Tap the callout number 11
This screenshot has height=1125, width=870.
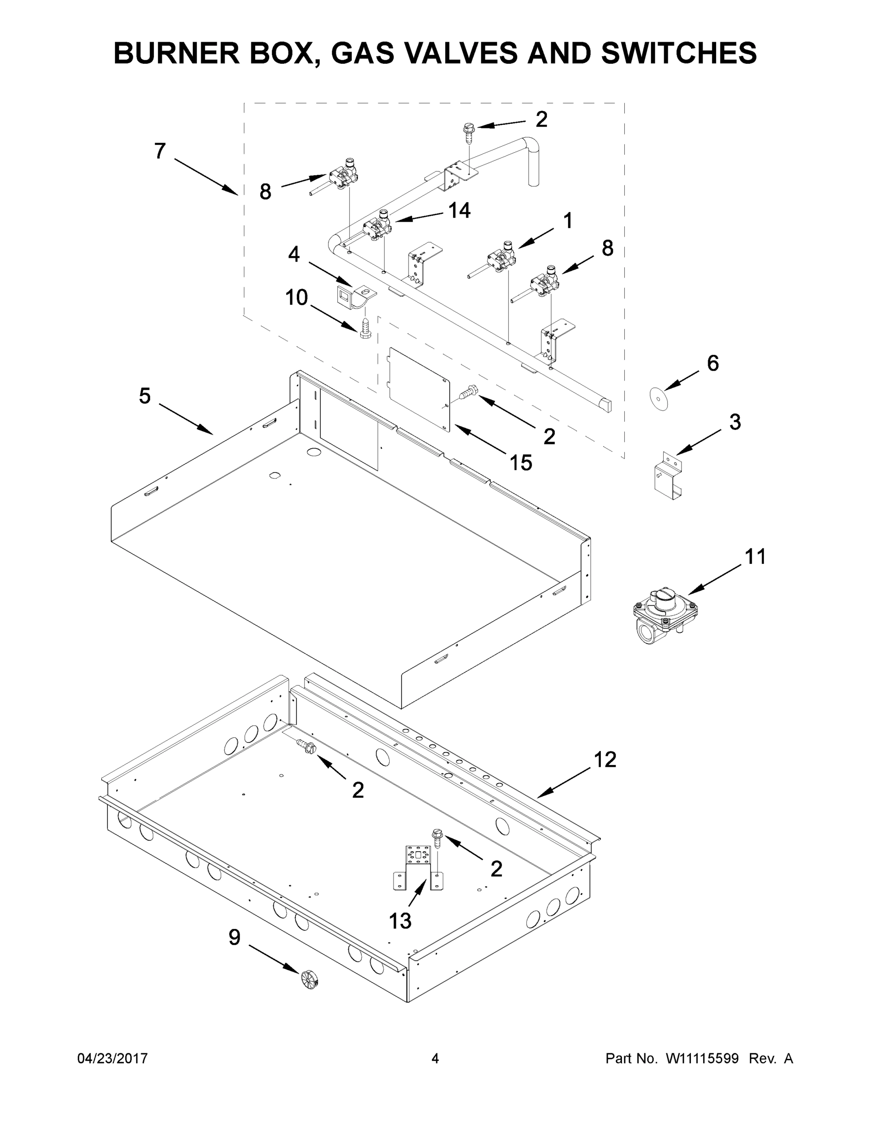(755, 556)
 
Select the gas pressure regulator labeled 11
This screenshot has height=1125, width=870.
(665, 615)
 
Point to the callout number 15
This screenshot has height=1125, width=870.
(521, 463)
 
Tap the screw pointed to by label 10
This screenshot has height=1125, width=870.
(364, 328)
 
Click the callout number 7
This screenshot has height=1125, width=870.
(160, 151)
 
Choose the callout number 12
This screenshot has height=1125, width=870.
(605, 759)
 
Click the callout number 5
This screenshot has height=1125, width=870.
(145, 396)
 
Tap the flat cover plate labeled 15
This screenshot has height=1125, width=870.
(418, 389)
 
